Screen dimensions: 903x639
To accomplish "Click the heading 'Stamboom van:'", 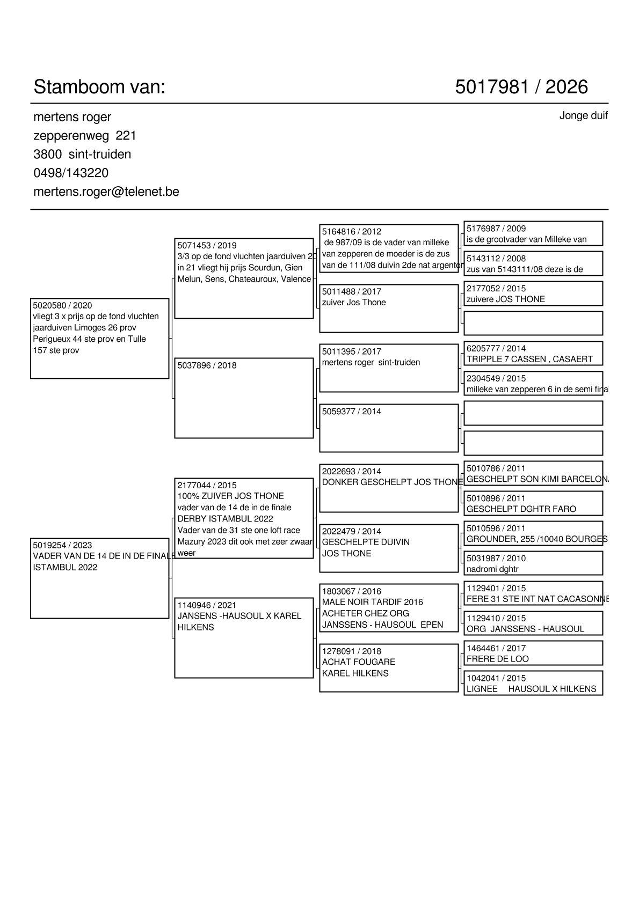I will pyautogui.click(x=99, y=87).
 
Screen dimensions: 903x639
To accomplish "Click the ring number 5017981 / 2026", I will pyautogui.click(x=521, y=87).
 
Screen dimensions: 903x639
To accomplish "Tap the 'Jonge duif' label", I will pyautogui.click(x=583, y=116).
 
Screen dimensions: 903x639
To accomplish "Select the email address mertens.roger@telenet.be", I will pyautogui.click(x=106, y=192).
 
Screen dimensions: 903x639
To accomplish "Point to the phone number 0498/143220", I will pyautogui.click(x=71, y=173).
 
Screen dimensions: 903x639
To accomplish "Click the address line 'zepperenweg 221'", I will pyautogui.click(x=85, y=136).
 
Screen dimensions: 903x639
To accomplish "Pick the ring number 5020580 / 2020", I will pyautogui.click(x=62, y=306).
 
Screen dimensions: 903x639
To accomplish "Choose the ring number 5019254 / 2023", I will pyautogui.click(x=62, y=545).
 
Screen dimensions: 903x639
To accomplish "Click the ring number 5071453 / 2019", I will pyautogui.click(x=207, y=246).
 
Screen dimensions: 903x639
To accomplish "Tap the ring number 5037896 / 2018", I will pyautogui.click(x=207, y=365).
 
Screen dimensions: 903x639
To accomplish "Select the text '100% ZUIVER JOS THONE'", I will pyautogui.click(x=230, y=496).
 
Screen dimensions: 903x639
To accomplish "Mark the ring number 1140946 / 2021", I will pyautogui.click(x=207, y=605).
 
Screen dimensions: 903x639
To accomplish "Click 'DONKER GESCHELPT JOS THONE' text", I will pyautogui.click(x=391, y=482).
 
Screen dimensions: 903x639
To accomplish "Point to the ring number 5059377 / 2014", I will pyautogui.click(x=351, y=412).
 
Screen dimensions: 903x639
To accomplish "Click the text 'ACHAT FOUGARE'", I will pyautogui.click(x=358, y=662).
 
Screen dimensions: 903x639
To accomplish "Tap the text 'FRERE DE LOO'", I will pyautogui.click(x=497, y=659).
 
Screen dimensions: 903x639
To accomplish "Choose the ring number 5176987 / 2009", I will pyautogui.click(x=496, y=229).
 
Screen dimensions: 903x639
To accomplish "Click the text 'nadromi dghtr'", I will pyautogui.click(x=492, y=569).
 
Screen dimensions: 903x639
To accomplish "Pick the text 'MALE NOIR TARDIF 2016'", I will pyautogui.click(x=372, y=602).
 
